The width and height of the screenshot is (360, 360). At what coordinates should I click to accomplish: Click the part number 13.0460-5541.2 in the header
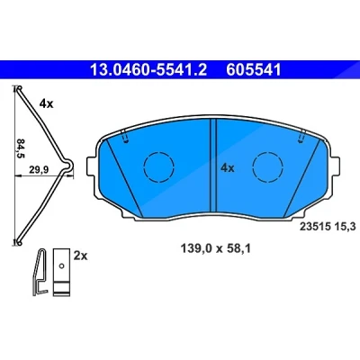tap(148, 69)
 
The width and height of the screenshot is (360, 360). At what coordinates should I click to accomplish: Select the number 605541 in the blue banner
tap(254, 69)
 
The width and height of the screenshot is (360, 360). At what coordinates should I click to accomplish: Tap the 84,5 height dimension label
tap(21, 148)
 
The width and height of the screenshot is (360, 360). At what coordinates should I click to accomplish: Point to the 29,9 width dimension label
tap(39, 170)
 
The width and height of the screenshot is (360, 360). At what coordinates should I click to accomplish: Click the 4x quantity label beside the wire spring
tap(46, 104)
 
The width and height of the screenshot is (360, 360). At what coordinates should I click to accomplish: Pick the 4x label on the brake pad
tap(228, 168)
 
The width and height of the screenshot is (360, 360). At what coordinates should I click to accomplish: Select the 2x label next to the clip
tap(80, 256)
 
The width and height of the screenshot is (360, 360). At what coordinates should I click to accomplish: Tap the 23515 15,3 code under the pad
tap(328, 226)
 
